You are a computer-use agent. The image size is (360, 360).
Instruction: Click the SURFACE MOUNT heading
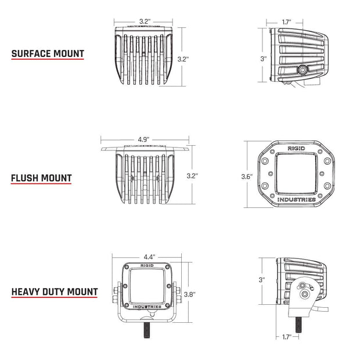coord(48,54)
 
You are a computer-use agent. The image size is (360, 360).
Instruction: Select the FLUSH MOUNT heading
coord(50,178)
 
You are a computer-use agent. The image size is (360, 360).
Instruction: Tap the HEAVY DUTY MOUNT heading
coord(54,291)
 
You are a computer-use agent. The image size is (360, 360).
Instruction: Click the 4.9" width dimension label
coord(144,139)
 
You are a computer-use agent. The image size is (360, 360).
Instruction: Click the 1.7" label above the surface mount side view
coord(286,23)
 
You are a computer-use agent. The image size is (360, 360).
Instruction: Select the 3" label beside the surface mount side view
coord(263,59)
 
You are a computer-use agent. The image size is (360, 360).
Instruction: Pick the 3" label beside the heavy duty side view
coord(262,280)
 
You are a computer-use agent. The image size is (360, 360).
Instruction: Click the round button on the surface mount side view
coord(303,70)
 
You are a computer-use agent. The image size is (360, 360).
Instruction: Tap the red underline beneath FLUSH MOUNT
coord(50,185)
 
